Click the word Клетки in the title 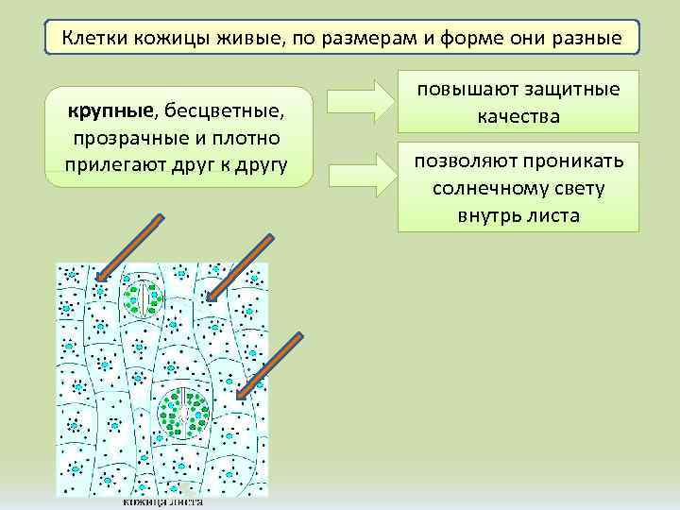tap(95, 40)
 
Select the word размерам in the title tap(357, 40)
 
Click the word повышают tap(463, 90)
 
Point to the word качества tap(518, 117)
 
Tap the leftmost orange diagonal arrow tap(131, 247)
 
